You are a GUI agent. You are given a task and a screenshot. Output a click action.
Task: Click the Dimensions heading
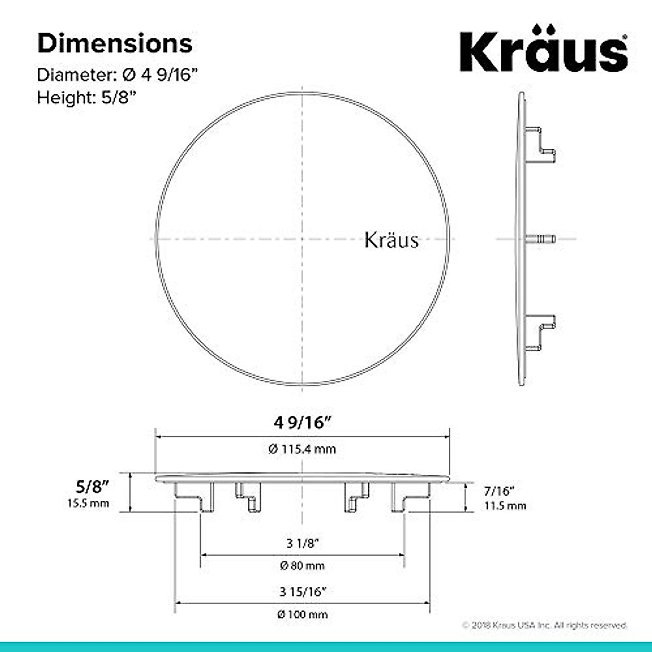[x=115, y=43]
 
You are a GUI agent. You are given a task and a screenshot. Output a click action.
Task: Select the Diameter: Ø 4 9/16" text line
[x=117, y=75]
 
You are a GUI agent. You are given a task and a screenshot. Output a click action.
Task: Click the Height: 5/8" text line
[x=86, y=97]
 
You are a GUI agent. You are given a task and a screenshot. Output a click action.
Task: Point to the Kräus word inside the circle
[x=391, y=240]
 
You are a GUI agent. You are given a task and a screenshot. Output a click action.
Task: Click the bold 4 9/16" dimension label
[x=303, y=422]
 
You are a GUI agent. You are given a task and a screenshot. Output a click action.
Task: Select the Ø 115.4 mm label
[x=302, y=449]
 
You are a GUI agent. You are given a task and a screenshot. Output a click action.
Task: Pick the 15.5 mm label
[x=88, y=503]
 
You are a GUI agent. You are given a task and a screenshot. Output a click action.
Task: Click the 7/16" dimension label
[x=499, y=491]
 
